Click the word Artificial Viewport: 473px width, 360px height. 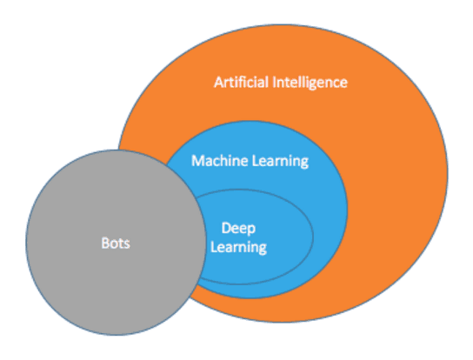pyautogui.click(x=241, y=82)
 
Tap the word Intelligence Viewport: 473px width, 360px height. pyautogui.click(x=310, y=83)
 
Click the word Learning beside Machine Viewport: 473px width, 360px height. pyautogui.click(x=280, y=162)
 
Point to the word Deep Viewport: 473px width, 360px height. pyautogui.click(x=238, y=229)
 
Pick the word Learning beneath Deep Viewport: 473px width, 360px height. pyautogui.click(x=238, y=248)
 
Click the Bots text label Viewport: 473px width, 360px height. pyautogui.click(x=116, y=243)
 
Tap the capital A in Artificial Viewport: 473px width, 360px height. pyautogui.click(x=219, y=83)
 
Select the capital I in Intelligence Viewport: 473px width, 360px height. pyautogui.click(x=275, y=83)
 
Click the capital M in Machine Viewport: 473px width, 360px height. pyautogui.click(x=198, y=161)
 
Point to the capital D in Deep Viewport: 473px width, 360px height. pyautogui.click(x=227, y=228)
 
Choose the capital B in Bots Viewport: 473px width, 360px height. pyautogui.click(x=105, y=243)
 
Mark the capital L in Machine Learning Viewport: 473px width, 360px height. pyautogui.click(x=256, y=161)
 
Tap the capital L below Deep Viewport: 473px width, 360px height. pyautogui.click(x=214, y=247)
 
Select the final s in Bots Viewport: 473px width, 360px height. pyautogui.click(x=127, y=244)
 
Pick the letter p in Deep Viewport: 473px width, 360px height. pyautogui.click(x=251, y=230)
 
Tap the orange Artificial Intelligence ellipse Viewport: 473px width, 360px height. pyautogui.click(x=392, y=181)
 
